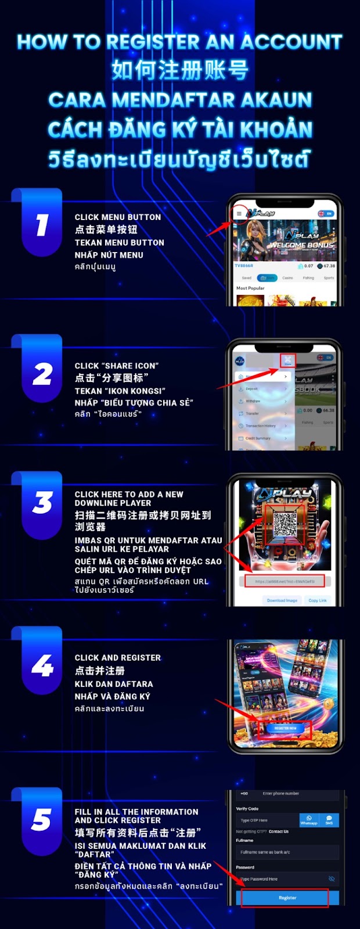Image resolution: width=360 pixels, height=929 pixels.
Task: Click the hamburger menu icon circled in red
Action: click(239, 214)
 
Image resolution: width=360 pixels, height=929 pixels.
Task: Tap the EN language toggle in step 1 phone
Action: click(326, 214)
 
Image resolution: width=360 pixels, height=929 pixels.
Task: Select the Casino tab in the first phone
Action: click(287, 278)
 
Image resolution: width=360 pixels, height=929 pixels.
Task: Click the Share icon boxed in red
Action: click(288, 360)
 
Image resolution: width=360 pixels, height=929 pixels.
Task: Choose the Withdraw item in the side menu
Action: click(253, 401)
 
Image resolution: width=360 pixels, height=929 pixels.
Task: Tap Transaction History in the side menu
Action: click(260, 426)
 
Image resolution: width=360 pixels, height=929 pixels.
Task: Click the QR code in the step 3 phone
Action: click(285, 524)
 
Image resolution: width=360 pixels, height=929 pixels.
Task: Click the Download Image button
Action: click(282, 600)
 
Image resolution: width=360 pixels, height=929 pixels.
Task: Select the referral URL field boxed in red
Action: click(285, 581)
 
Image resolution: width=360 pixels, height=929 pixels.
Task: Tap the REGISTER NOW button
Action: click(285, 728)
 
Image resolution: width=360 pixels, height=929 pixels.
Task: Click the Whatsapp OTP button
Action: click(309, 820)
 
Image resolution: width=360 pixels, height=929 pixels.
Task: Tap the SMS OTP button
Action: click(329, 820)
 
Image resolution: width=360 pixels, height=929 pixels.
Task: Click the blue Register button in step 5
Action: click(287, 898)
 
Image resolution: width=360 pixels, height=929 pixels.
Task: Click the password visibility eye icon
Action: click(332, 879)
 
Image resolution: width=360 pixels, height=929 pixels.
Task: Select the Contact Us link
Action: click(279, 831)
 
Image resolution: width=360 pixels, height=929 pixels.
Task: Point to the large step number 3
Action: click(42, 503)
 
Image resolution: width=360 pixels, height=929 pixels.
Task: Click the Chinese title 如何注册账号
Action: click(180, 70)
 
